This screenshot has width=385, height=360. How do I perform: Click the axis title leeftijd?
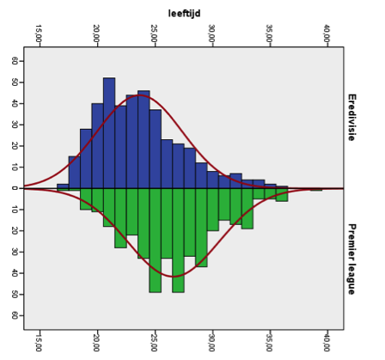click(x=184, y=14)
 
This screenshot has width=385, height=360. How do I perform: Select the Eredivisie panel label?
click(x=351, y=118)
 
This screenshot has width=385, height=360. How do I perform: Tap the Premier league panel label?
click(x=351, y=259)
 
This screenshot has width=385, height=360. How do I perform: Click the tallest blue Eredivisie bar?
click(x=109, y=133)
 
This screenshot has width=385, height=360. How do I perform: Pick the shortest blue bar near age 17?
click(x=63, y=186)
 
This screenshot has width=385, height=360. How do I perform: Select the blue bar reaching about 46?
click(x=144, y=139)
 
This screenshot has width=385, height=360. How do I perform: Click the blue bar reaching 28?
click(x=86, y=159)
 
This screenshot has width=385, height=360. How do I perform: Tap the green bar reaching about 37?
click(x=201, y=228)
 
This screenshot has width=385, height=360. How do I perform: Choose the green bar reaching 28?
click(x=120, y=218)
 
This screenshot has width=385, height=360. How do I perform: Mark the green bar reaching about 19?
click(x=247, y=209)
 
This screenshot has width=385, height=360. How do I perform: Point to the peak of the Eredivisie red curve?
click(x=139, y=95)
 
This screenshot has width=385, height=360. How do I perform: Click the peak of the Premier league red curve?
click(x=174, y=277)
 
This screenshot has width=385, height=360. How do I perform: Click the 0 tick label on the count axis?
click(x=15, y=188)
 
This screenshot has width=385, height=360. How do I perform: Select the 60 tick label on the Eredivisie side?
click(x=15, y=61)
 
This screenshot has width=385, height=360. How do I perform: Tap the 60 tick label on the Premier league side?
click(x=15, y=315)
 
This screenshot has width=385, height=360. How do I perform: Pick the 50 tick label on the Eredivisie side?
click(x=15, y=82)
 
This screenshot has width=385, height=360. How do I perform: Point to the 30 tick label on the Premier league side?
click(x=15, y=252)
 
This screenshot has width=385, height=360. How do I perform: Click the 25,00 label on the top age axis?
click(x=154, y=33)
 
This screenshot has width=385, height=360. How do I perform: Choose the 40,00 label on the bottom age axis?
click(x=327, y=343)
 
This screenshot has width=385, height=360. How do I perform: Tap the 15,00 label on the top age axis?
click(x=39, y=33)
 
